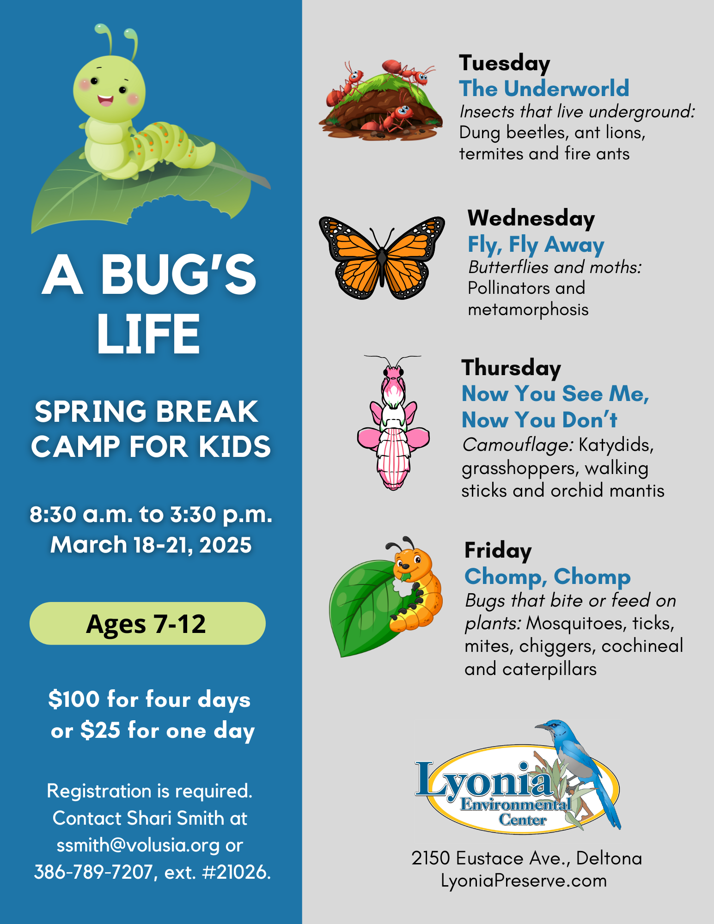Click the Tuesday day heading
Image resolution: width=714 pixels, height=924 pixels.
(504, 63)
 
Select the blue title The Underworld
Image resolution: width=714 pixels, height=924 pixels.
(544, 88)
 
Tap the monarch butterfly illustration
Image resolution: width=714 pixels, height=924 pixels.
(382, 257)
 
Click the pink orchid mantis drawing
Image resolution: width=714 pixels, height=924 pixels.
(393, 423)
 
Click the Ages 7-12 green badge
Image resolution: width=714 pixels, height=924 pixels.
(147, 623)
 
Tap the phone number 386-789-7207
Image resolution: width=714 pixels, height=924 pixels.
(93, 872)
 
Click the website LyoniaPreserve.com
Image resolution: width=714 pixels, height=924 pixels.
(524, 881)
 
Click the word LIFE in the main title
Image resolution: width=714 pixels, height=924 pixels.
(148, 334)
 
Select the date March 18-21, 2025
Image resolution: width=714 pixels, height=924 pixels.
(151, 545)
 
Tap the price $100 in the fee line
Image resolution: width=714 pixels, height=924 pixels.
(74, 699)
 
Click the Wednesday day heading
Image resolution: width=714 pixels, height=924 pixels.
(531, 218)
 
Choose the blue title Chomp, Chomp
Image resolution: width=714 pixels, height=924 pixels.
(548, 576)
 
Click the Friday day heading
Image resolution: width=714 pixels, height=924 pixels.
(498, 550)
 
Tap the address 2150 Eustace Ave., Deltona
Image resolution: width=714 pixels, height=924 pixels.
(526, 858)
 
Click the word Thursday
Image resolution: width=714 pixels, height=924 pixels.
(511, 368)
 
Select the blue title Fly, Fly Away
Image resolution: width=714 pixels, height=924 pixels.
(536, 244)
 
